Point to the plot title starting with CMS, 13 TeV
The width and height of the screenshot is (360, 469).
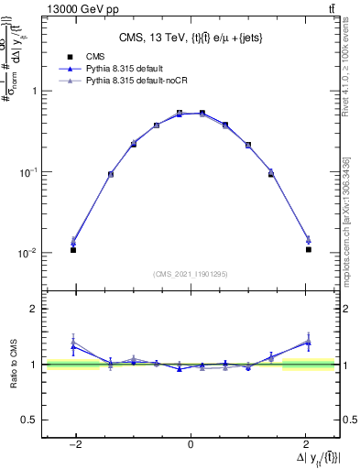tap(191, 38)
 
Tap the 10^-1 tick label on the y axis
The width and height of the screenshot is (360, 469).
tap(29, 172)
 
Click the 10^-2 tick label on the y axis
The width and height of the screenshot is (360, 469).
tap(29, 253)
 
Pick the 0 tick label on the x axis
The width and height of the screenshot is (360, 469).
tap(191, 443)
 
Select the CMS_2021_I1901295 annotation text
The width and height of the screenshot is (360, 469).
tap(191, 274)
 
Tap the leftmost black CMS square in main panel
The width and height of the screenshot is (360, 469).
tap(73, 249)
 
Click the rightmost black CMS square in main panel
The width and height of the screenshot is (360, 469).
tap(309, 249)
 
